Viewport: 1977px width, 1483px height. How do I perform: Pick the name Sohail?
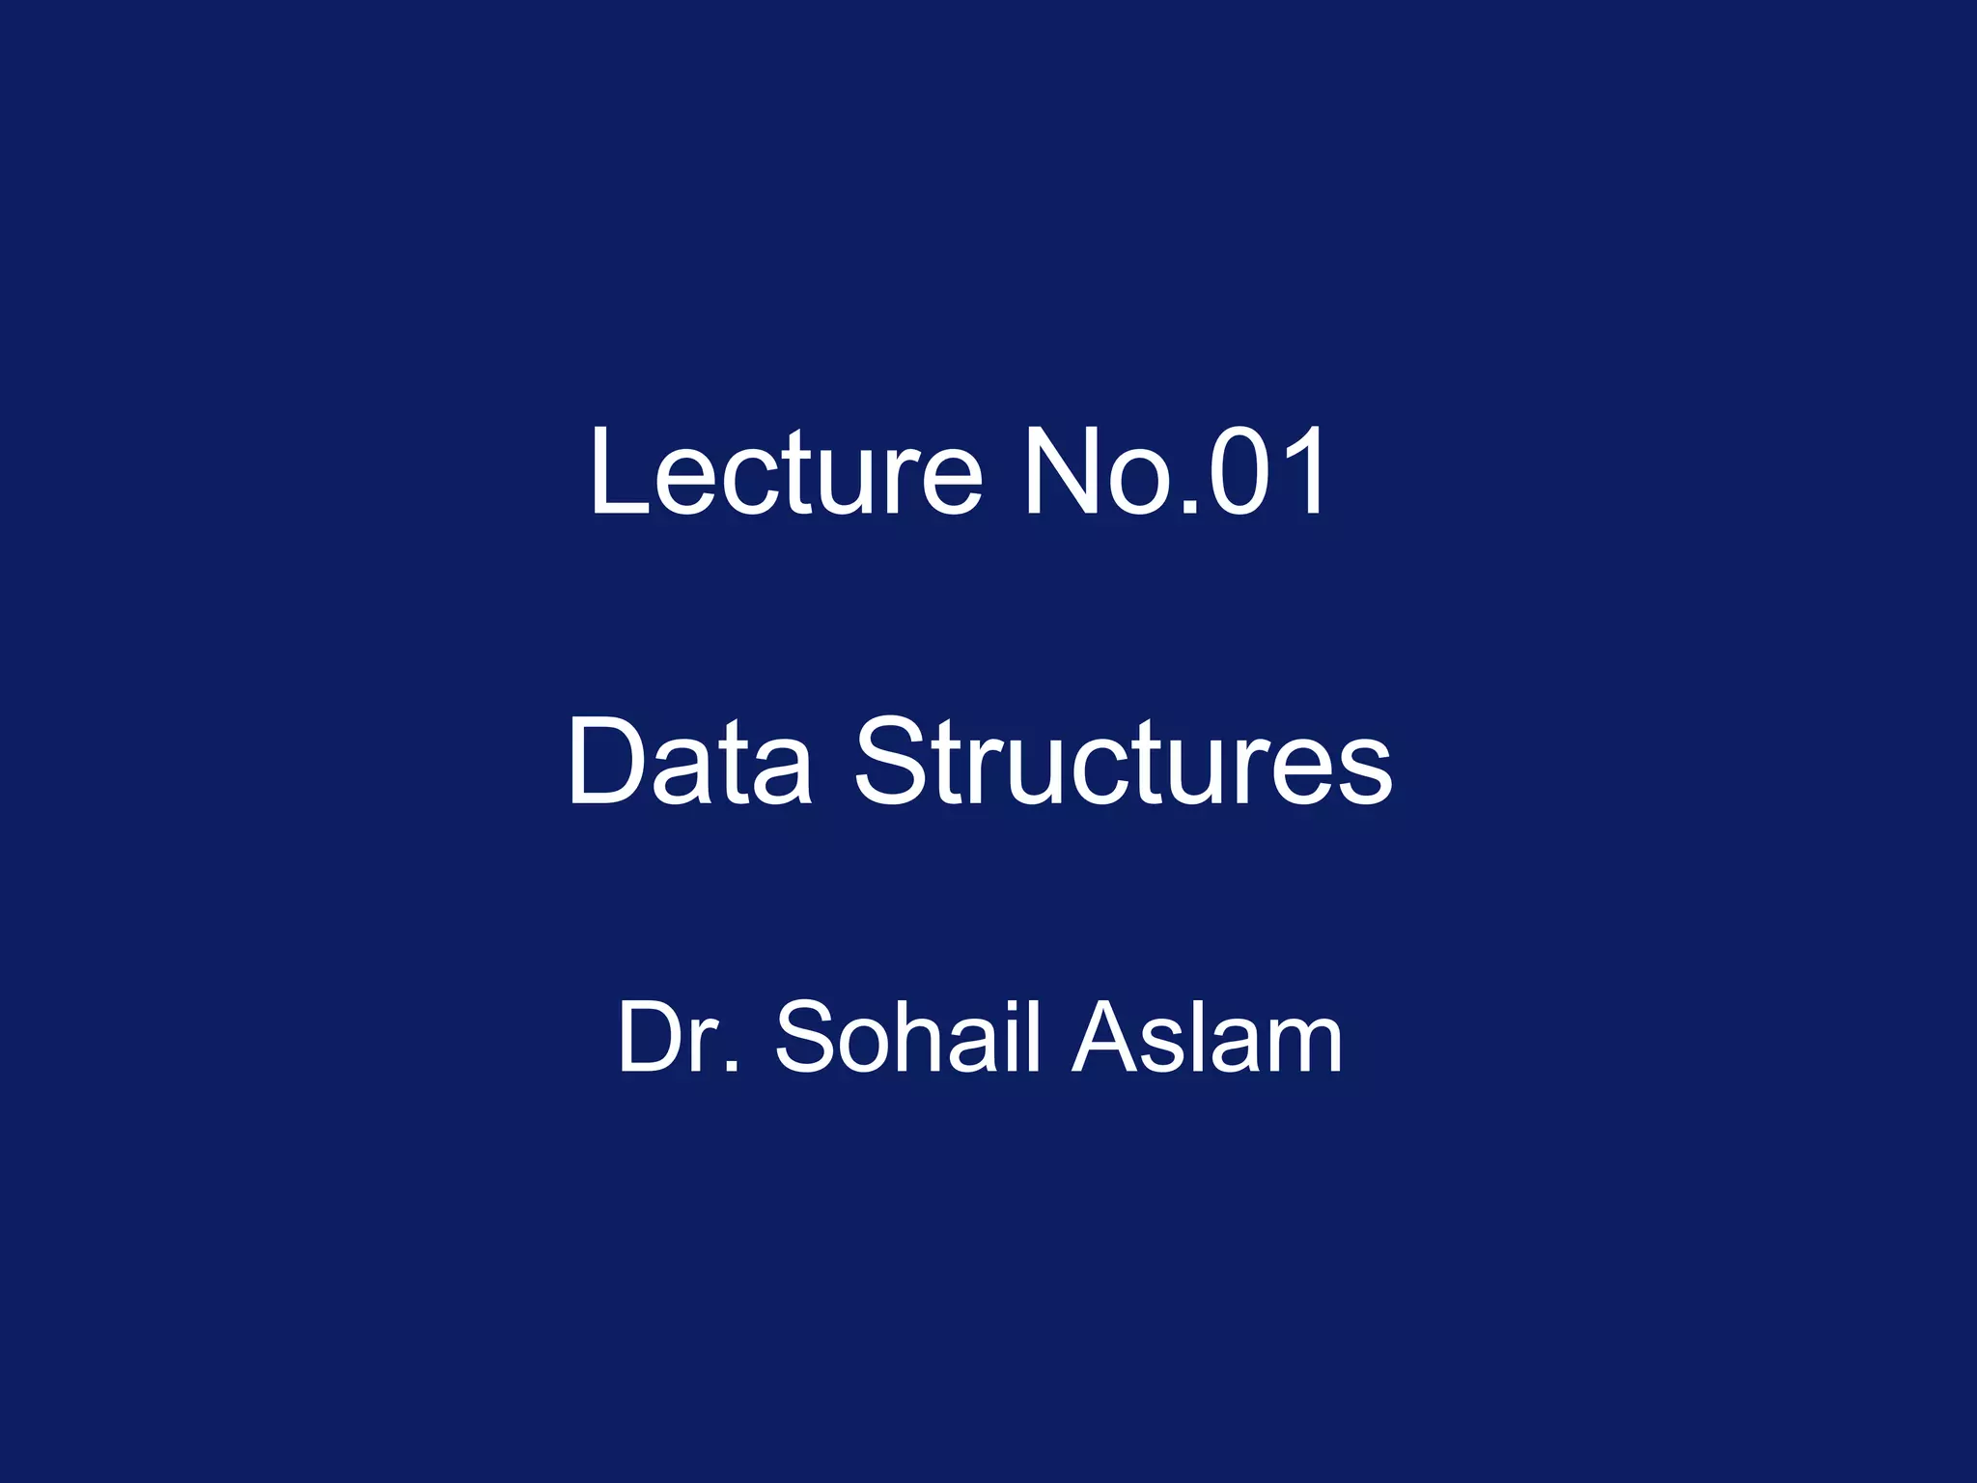coord(908,1037)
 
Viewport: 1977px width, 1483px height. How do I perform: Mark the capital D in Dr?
coord(653,1037)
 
